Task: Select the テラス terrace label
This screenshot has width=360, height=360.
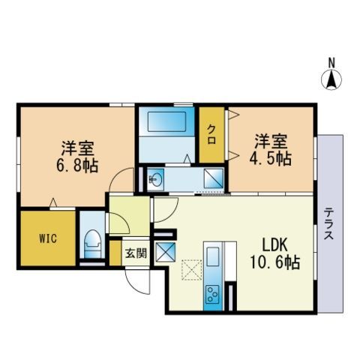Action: click(x=329, y=224)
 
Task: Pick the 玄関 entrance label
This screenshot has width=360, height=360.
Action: click(x=136, y=253)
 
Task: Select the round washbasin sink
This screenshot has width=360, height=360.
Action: click(x=155, y=179)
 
